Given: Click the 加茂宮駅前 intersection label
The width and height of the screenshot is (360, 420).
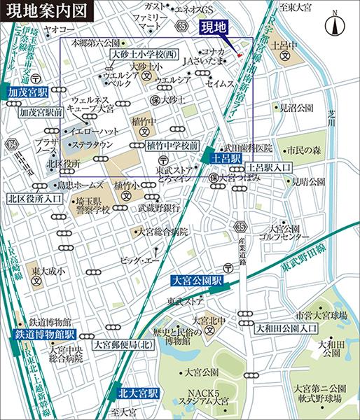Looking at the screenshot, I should (41, 111).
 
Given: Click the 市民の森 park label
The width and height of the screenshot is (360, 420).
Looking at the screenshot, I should (303, 150).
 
